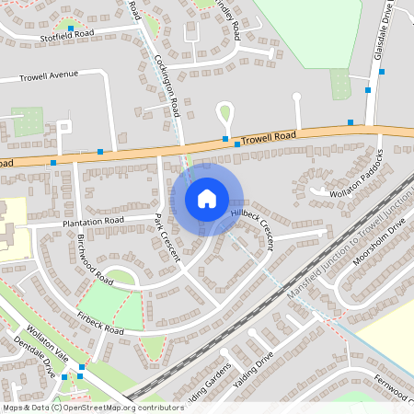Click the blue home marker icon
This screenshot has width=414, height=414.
click(x=207, y=199)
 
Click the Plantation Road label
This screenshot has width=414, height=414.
click(x=93, y=222)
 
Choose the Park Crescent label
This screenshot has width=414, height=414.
click(x=167, y=237)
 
